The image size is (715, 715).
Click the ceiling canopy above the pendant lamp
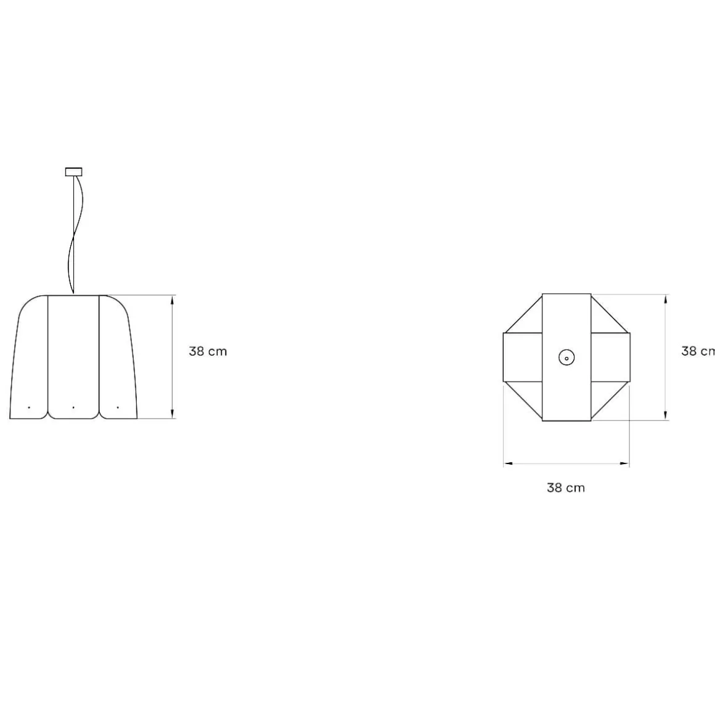tap(73, 172)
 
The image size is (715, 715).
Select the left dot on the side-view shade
tap(29, 407)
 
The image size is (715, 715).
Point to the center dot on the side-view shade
tap(73, 407)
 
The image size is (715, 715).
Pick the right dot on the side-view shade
tap(118, 407)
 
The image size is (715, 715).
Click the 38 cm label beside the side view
tap(208, 351)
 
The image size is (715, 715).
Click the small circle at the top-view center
tap(566, 357)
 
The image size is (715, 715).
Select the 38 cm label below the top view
tap(565, 488)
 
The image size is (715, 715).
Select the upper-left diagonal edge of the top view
tap(523, 314)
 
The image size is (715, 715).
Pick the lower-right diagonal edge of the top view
tap(610, 401)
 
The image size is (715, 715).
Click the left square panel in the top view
tap(523, 357)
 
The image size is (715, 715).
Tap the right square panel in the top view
tap(610, 357)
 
